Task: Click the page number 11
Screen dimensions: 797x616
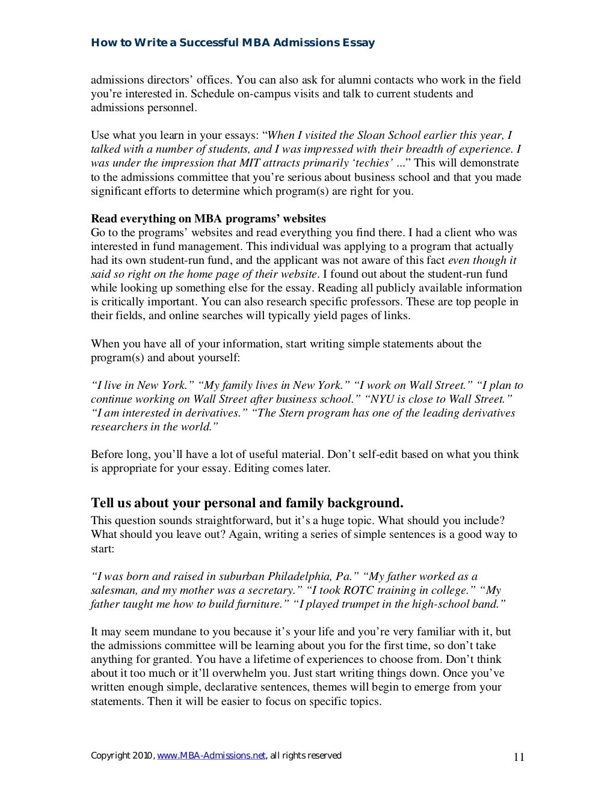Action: pos(519,757)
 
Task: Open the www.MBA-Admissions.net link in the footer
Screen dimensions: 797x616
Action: pos(211,756)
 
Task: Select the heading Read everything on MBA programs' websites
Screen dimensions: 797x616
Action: pos(208,218)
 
